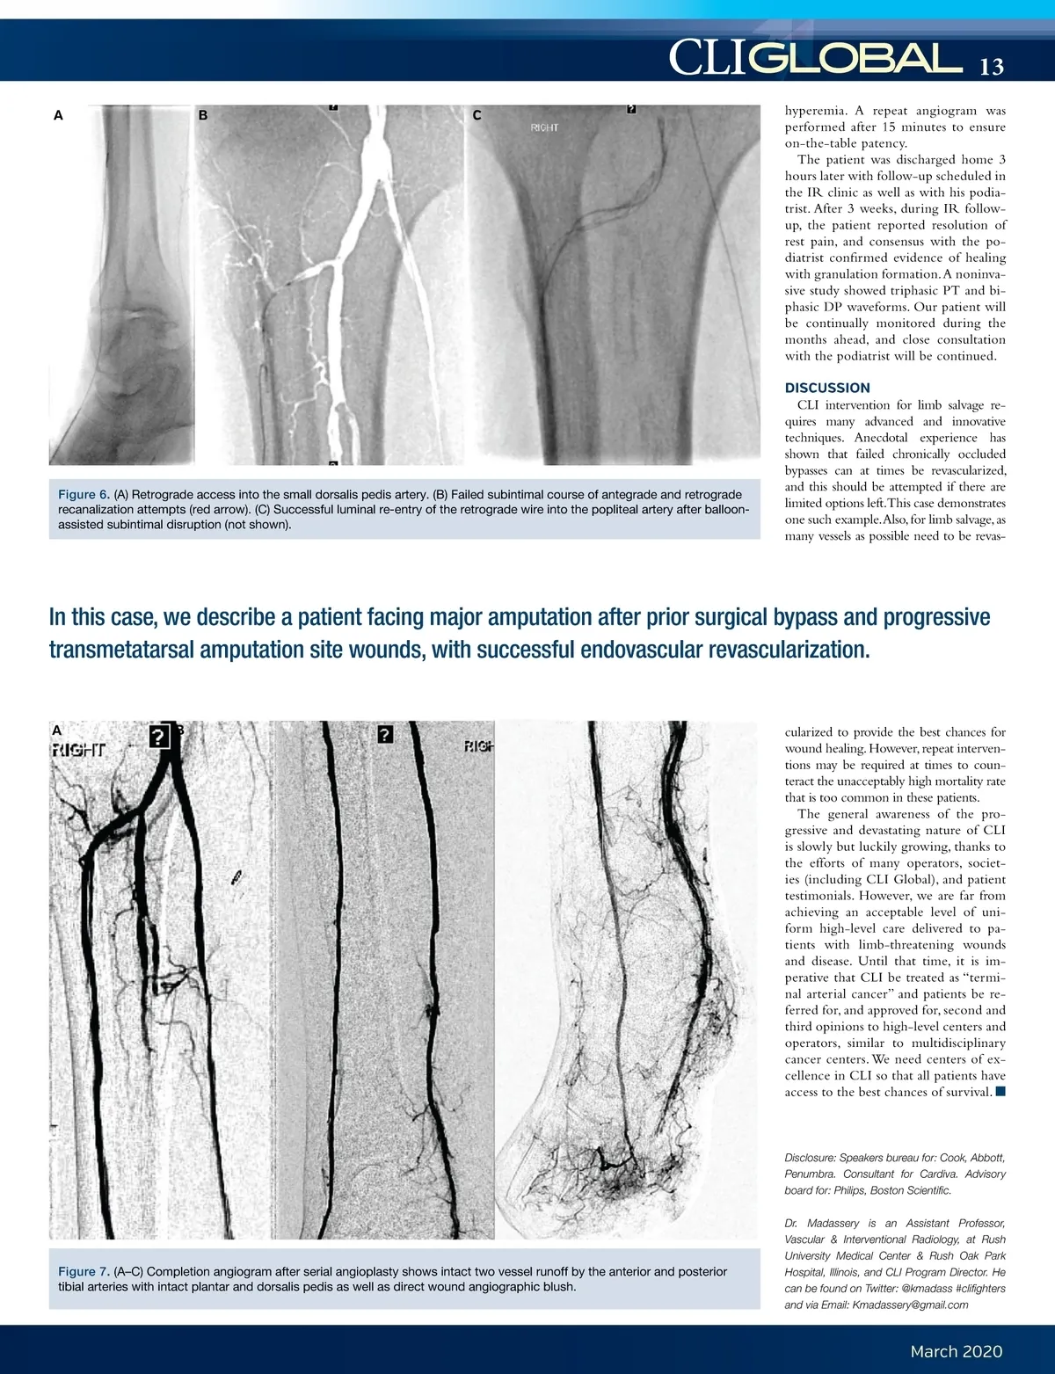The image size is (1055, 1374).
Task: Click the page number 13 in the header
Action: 991,67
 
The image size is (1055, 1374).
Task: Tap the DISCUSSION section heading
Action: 827,388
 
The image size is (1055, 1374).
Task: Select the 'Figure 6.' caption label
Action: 84,495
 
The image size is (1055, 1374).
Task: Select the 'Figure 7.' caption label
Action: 84,1272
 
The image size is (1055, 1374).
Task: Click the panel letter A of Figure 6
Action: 58,115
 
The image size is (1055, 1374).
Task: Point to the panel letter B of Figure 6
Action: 203,115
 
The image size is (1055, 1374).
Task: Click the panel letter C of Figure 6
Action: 477,115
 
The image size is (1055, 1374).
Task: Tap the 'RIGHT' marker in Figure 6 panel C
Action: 544,128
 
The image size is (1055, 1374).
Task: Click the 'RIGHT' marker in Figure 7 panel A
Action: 78,750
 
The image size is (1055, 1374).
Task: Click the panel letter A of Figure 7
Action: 57,730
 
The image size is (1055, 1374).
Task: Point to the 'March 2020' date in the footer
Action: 956,1351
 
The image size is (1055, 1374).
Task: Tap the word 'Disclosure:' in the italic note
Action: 810,1158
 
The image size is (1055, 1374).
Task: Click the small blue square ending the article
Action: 1000,1092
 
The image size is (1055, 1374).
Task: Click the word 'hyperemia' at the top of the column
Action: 816,111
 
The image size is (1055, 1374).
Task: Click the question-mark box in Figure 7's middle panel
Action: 385,734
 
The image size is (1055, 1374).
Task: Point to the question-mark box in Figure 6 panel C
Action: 631,109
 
